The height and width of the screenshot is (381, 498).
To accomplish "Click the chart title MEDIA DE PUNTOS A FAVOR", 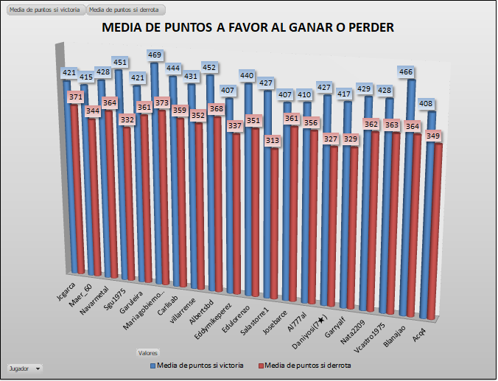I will coord(248,28).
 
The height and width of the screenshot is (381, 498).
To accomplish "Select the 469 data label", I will coord(155,55).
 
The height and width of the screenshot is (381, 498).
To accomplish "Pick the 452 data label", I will coord(208,68).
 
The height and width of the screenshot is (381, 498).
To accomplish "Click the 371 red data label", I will coord(74,97).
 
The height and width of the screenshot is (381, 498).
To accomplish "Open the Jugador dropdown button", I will coord(38,367).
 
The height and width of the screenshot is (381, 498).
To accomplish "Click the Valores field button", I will coord(148,353).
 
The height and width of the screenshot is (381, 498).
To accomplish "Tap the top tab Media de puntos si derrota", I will coord(124,10).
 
